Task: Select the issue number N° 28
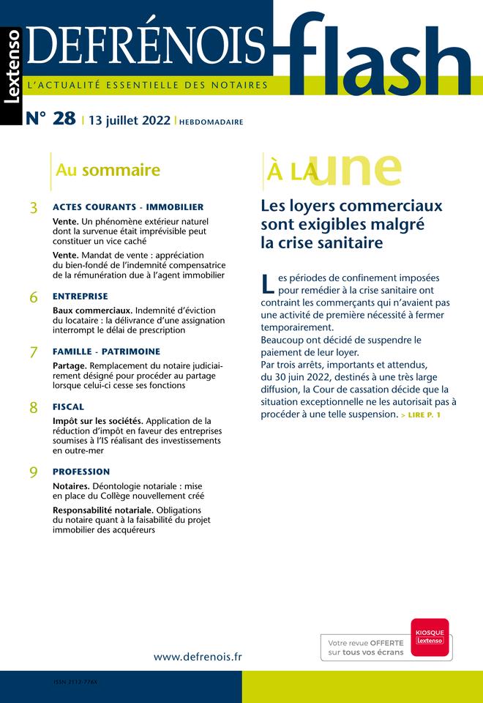click(50, 119)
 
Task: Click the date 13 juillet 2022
click(129, 121)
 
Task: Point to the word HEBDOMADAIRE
click(211, 122)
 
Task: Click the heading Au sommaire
click(108, 171)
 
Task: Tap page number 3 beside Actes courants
click(34, 209)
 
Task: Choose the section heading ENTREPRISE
click(80, 297)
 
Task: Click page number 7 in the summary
click(34, 352)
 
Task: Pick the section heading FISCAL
click(68, 406)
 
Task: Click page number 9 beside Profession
click(34, 473)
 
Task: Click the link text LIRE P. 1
click(421, 416)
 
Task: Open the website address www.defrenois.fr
click(198, 657)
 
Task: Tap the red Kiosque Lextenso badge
click(430, 635)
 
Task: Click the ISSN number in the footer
click(75, 681)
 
